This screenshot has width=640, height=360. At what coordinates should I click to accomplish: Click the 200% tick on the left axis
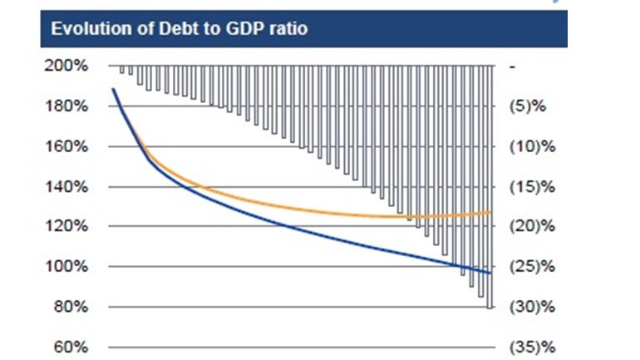(70, 66)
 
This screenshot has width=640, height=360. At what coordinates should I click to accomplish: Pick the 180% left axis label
(70, 106)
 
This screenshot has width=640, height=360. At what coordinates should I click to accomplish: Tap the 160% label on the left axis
(70, 146)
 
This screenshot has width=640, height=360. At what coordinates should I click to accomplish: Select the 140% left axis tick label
(70, 187)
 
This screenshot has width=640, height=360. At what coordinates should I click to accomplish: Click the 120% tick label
(70, 226)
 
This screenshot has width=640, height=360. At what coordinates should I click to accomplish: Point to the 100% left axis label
(70, 267)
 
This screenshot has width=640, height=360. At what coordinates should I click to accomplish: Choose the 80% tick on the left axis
(73, 307)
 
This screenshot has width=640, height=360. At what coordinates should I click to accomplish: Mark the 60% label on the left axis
(73, 347)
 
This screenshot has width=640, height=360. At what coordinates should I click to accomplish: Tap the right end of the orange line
(491, 212)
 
